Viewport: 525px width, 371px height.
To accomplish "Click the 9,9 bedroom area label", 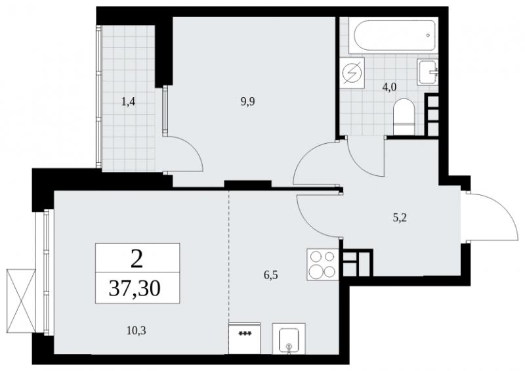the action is tap(248, 102).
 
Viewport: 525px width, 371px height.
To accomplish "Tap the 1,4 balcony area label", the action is tap(128, 102).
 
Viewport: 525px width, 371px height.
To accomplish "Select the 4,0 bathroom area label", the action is tap(389, 87).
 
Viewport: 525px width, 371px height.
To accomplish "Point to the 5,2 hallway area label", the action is tap(400, 218).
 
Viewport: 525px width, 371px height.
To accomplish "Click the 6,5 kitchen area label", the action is tap(271, 276).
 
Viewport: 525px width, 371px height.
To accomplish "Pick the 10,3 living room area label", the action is tap(136, 331).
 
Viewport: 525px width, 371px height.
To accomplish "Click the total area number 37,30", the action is tap(135, 288).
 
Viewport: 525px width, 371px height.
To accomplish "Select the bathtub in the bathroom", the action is tap(392, 35).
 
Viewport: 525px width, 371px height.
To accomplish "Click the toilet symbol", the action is tap(404, 117).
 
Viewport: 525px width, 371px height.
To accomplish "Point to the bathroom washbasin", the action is tap(428, 72).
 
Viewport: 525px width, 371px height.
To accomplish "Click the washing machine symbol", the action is tap(352, 73).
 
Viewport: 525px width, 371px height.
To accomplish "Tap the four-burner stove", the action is tap(323, 265).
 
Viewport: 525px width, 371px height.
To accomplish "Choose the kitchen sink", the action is tap(289, 338).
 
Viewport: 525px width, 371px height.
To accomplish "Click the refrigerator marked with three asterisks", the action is tap(244, 338).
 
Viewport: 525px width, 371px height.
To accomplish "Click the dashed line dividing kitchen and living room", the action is tap(228, 257).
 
